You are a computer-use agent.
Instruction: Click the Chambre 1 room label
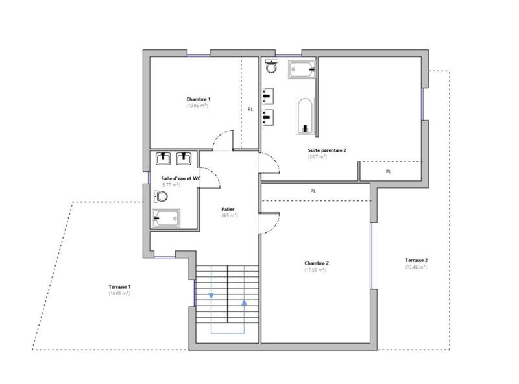tap(198, 99)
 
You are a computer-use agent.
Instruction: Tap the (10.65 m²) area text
tap(197, 105)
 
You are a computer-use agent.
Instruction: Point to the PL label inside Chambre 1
tap(250, 110)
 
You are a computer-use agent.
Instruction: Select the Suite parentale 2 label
tap(327, 150)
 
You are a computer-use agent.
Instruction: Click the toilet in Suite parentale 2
tap(271, 67)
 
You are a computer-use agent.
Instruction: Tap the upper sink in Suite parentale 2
tap(268, 96)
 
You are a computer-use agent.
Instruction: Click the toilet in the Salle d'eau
tap(162, 197)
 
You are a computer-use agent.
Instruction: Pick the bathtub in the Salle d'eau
tap(167, 218)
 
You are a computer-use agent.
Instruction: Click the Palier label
tap(228, 209)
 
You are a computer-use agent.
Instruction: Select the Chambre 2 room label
tap(317, 263)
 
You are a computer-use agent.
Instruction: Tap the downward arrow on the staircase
tap(211, 296)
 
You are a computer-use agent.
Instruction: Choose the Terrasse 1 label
tap(120, 287)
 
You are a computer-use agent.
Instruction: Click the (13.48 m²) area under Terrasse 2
tap(416, 267)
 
